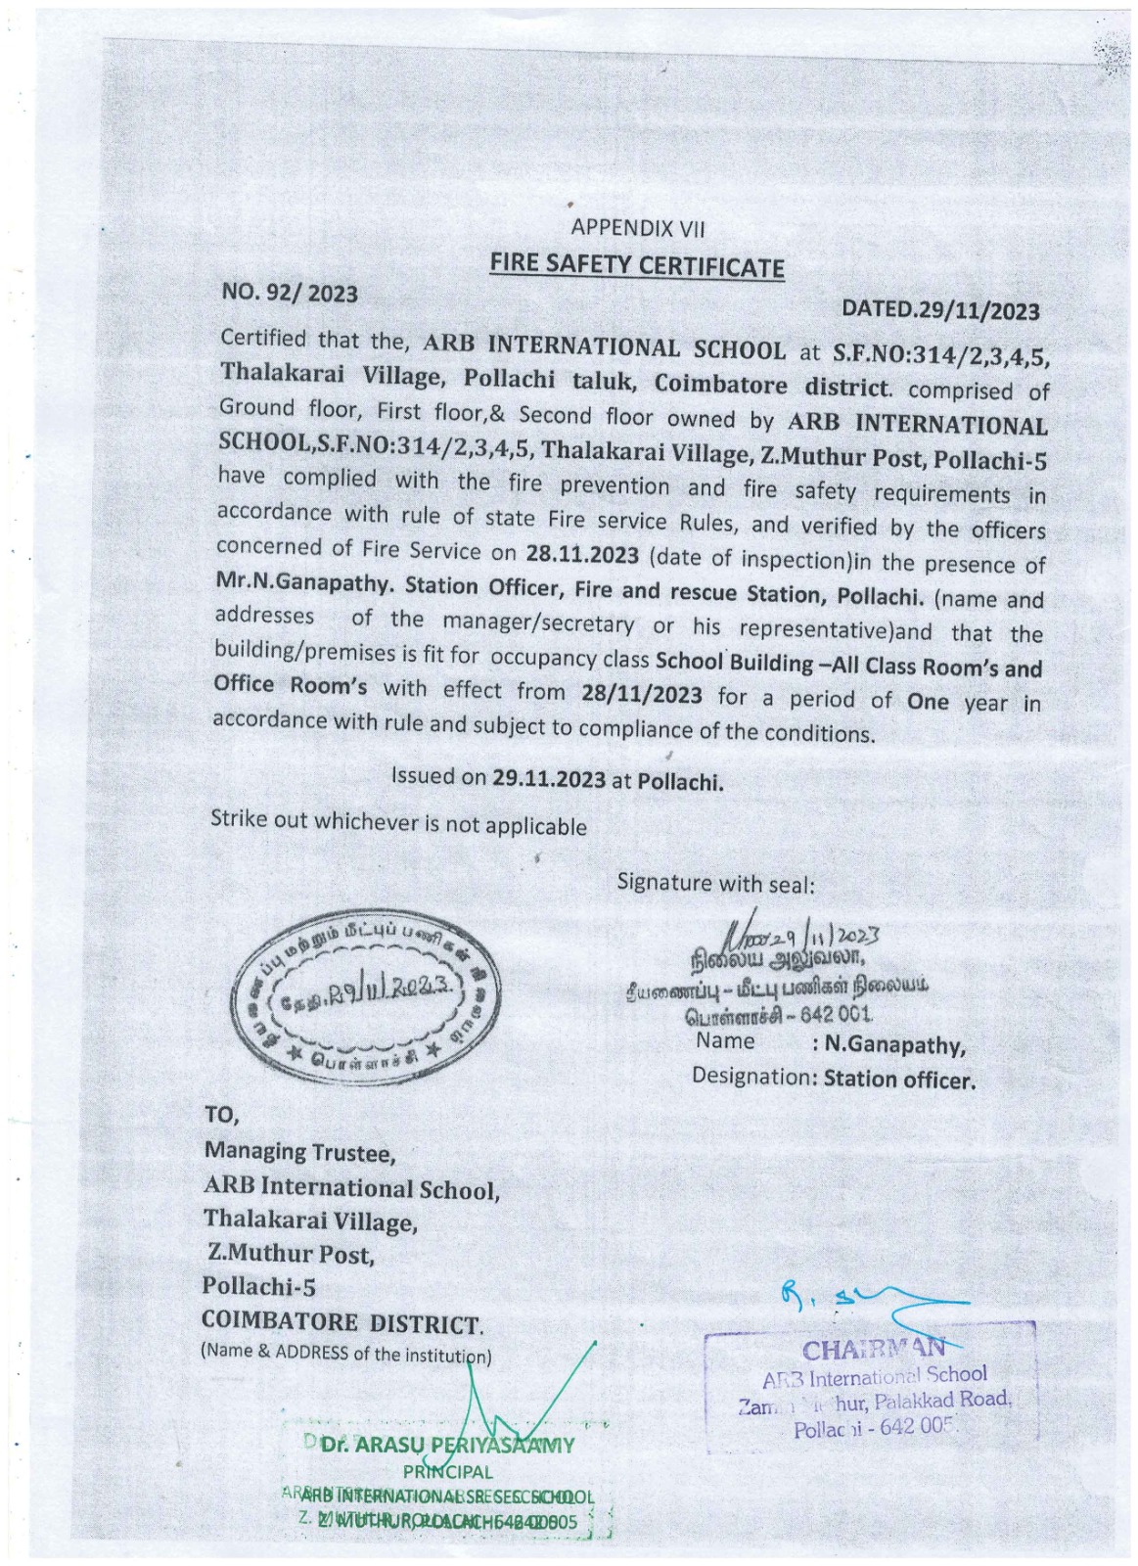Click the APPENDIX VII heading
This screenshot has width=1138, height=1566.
pos(637,228)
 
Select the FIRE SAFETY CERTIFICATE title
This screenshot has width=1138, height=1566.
pos(637,265)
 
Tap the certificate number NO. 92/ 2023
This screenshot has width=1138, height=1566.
pos(290,293)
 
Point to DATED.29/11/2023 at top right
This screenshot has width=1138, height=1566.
pos(940,310)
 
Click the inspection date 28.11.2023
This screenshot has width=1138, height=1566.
pos(581,554)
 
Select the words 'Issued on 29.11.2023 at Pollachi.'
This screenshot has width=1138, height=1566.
pos(557,780)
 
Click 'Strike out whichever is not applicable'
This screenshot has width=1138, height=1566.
pos(398,823)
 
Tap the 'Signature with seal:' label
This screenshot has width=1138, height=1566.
pos(715,883)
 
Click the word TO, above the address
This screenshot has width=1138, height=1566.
pos(221,1114)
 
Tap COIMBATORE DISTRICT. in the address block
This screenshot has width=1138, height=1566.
pos(342,1322)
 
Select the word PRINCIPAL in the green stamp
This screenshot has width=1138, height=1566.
pos(447,1471)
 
